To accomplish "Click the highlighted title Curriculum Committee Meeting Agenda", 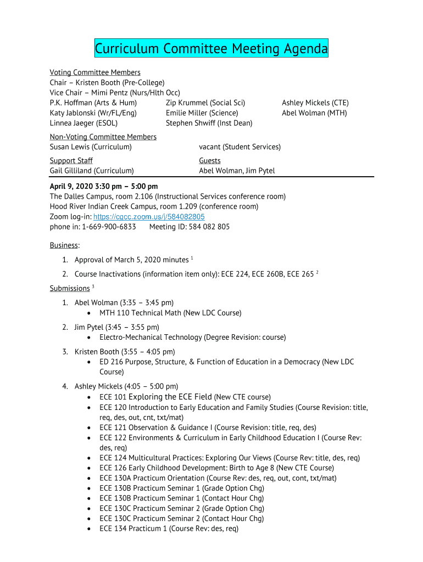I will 211,49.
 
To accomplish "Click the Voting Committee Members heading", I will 95,72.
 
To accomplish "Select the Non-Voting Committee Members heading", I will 103,137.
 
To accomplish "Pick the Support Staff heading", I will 71,160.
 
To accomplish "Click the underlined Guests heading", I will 210,160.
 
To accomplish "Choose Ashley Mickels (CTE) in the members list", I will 315,103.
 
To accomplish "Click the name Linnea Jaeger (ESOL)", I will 84,123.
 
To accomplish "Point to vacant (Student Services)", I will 240,147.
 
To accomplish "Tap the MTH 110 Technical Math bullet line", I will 170,313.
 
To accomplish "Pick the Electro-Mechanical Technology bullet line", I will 192,337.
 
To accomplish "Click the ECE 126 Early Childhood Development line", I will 216,468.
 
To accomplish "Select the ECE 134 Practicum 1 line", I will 169,529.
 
